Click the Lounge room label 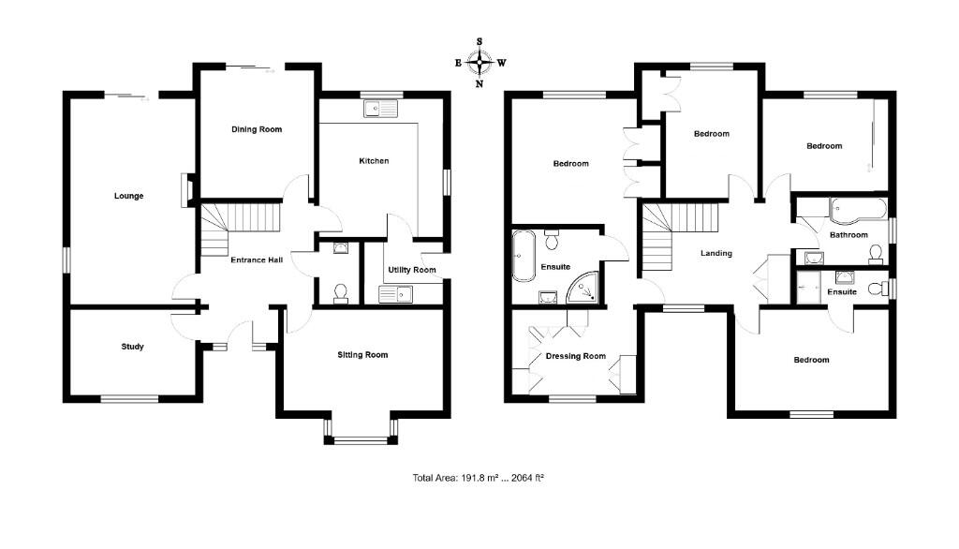[x=128, y=196]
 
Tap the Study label [x=132, y=347]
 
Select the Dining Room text [x=256, y=129]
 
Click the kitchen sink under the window [x=380, y=109]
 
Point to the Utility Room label [x=412, y=270]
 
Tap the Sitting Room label [x=362, y=355]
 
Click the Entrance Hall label [x=257, y=260]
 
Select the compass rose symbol [x=479, y=63]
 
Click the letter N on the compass [x=479, y=83]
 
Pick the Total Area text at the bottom [x=479, y=478]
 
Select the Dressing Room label [x=575, y=356]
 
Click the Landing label [x=716, y=254]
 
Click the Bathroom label [x=848, y=235]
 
